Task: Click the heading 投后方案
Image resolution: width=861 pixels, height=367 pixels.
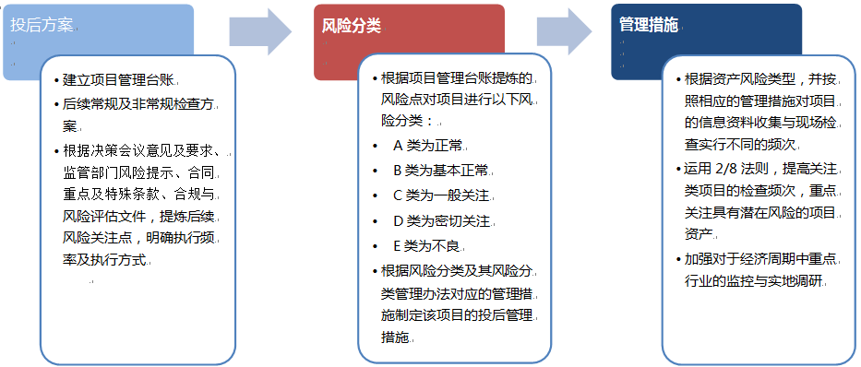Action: [x=42, y=25]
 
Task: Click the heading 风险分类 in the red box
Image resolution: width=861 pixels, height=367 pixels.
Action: [x=352, y=25]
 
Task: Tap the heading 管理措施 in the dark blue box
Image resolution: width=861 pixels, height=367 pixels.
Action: [x=649, y=25]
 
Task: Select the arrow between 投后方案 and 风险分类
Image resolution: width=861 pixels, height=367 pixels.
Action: [x=260, y=32]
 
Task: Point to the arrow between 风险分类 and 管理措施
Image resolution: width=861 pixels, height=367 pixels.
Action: [x=565, y=32]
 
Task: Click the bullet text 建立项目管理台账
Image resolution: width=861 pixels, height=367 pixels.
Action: [x=119, y=80]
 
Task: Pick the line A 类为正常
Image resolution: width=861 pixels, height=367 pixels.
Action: [x=428, y=146]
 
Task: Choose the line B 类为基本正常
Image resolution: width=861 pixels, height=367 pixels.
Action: [x=440, y=171]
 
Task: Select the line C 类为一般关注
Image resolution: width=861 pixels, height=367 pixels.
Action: [x=441, y=195]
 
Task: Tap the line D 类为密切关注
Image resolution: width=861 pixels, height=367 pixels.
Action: [x=441, y=221]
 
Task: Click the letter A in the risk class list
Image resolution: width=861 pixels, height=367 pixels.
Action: [x=398, y=146]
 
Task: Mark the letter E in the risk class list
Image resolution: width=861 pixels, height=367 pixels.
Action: [x=398, y=246]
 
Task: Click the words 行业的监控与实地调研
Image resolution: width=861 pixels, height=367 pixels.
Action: [x=755, y=281]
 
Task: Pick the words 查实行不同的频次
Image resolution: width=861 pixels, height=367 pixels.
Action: [x=740, y=145]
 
